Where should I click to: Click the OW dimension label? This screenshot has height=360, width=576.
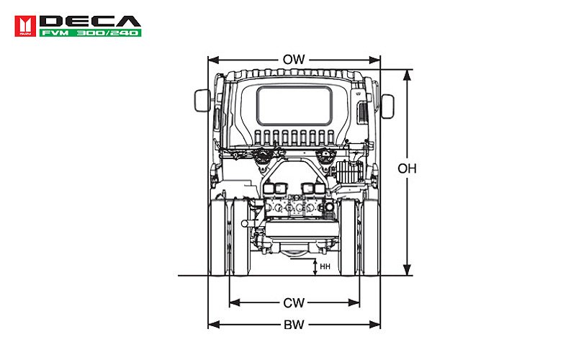point(294,60)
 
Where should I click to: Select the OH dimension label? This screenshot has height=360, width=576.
point(408,169)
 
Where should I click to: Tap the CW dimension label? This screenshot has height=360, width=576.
point(294,302)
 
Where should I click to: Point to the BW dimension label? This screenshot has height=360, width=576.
point(294,325)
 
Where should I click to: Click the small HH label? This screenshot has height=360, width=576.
point(325,266)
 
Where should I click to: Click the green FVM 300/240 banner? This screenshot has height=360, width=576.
point(90,32)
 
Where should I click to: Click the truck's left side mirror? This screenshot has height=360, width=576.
point(201,101)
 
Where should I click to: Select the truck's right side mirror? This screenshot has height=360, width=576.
point(388,106)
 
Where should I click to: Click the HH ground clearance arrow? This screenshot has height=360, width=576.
point(315,266)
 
